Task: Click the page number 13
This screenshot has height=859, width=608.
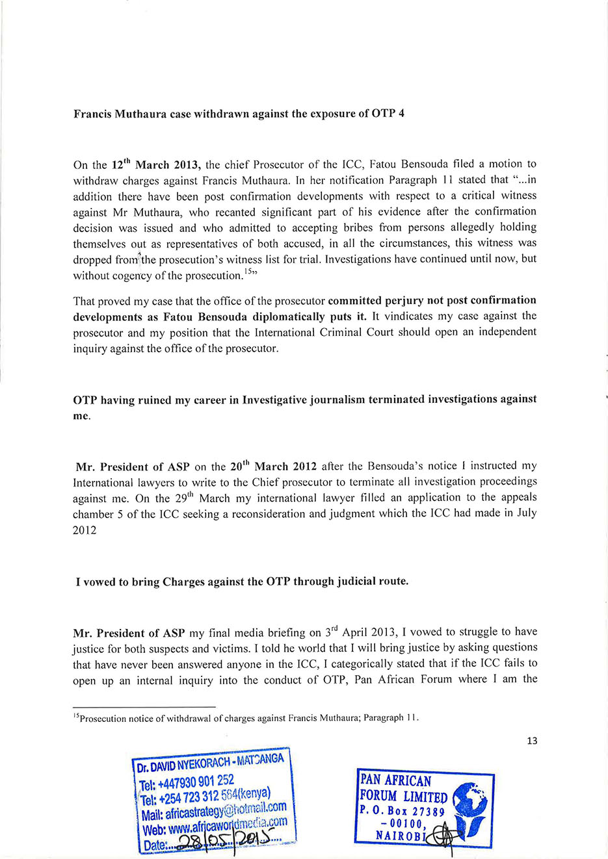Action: coord(532,741)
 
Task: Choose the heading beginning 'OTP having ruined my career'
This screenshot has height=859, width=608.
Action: coord(304,400)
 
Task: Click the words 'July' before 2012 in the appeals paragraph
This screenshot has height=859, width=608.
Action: coord(524,513)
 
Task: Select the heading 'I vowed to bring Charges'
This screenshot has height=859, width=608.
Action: coord(242,582)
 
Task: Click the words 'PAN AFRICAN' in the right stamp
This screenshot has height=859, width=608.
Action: coord(396,781)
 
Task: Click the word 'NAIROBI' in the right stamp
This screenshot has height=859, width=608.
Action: coord(400,836)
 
